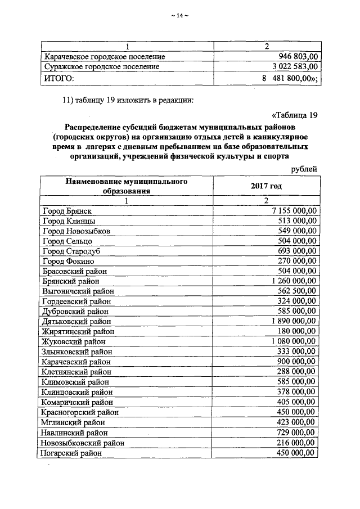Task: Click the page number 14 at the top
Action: [179, 15]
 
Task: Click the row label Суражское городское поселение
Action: [101, 67]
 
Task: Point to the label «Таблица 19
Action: [295, 116]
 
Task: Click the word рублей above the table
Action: [304, 169]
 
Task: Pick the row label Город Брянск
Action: [67, 210]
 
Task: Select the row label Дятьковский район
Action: [76, 321]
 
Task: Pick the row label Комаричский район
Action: [77, 402]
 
